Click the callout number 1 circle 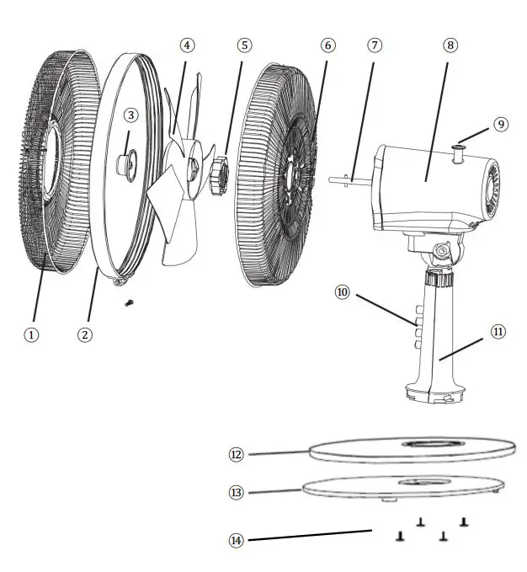(31, 334)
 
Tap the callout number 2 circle (84, 334)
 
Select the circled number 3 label (130, 115)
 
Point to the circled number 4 (187, 45)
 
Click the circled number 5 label (244, 45)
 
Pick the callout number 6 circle (327, 45)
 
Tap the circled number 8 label (450, 45)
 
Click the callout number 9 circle (501, 124)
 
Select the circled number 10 (342, 292)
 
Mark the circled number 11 (498, 332)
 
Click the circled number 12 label (236, 454)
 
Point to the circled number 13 (236, 492)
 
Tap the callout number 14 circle (236, 539)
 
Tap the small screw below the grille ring (128, 302)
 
